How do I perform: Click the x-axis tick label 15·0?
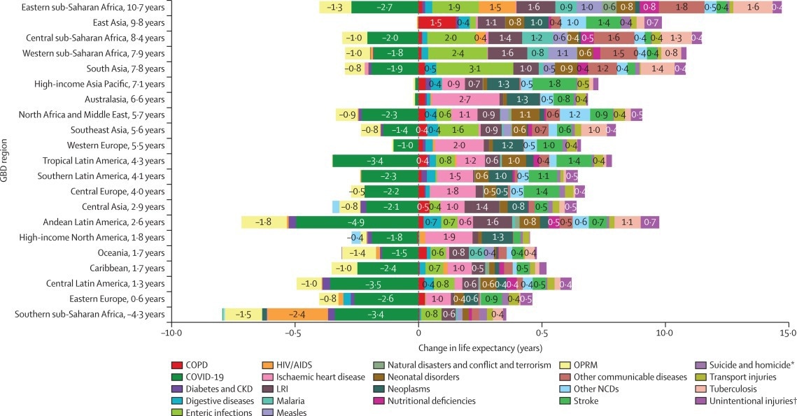[x=789, y=333]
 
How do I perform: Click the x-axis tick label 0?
[x=418, y=333]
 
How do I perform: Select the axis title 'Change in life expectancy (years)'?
[x=480, y=347]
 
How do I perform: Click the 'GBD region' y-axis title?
[x=6, y=161]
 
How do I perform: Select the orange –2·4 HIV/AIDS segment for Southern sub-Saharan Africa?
[x=297, y=314]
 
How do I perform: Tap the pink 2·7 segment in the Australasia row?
[x=464, y=99]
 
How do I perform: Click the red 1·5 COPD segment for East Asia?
[x=435, y=23]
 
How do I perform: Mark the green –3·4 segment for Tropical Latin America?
[x=374, y=161]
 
